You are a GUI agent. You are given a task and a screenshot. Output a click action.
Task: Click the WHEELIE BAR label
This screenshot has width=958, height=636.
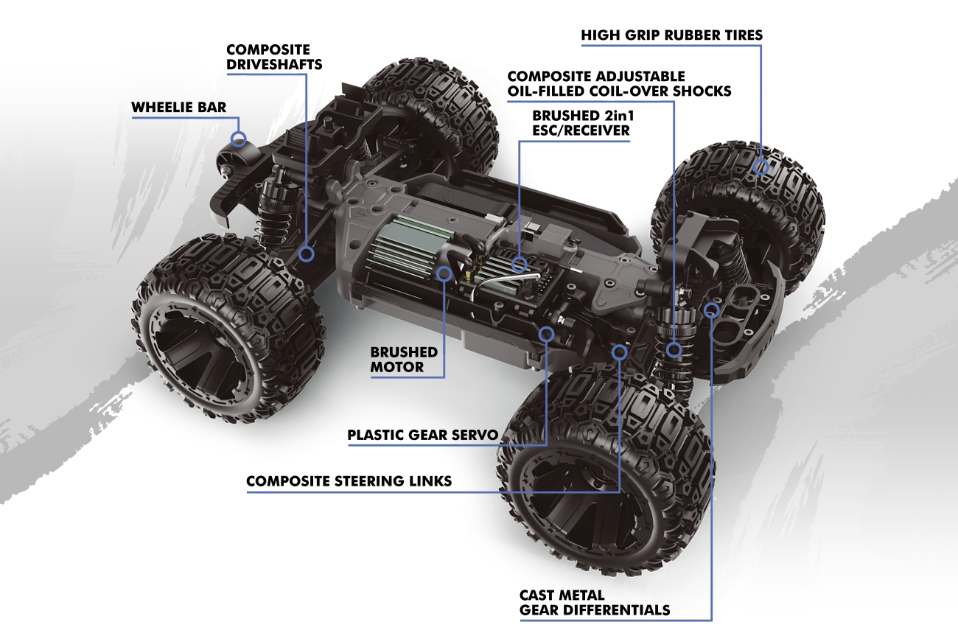(178, 108)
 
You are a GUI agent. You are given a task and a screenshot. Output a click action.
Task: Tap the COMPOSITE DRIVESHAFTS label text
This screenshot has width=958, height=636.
(274, 57)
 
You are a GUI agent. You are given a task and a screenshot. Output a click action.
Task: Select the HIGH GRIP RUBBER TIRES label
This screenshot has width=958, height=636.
(671, 35)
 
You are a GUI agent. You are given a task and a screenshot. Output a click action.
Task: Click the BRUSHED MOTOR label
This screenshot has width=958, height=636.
(404, 359)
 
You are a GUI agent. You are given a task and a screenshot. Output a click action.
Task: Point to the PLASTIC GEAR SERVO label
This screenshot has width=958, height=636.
(423, 435)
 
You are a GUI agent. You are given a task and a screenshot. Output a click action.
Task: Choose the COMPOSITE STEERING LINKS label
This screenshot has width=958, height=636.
(349, 481)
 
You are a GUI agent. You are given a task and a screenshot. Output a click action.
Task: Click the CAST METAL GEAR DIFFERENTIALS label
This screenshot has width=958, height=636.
(595, 602)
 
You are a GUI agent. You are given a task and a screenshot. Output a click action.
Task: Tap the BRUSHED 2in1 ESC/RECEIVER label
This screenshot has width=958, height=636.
(581, 123)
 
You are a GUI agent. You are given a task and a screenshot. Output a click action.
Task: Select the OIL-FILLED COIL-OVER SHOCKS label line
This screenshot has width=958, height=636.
(619, 91)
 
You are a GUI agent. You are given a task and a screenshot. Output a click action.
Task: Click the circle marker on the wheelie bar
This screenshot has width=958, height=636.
(238, 138)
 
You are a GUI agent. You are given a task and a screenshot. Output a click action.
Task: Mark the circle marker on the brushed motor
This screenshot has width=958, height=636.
(444, 274)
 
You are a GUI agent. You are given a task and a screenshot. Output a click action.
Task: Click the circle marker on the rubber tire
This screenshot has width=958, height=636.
(761, 167)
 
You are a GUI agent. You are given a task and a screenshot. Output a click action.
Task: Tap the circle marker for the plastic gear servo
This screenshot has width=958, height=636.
(546, 334)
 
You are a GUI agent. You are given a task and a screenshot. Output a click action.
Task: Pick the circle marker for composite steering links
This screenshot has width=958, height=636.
(620, 353)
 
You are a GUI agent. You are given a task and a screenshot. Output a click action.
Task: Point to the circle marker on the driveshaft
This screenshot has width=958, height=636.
(307, 253)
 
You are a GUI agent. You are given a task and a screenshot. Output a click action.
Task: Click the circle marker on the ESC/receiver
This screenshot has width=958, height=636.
(520, 262)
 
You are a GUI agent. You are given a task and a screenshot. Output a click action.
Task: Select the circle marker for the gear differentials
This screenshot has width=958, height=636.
(711, 309)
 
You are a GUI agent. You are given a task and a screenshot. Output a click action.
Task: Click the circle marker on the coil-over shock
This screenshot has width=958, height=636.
(674, 349)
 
